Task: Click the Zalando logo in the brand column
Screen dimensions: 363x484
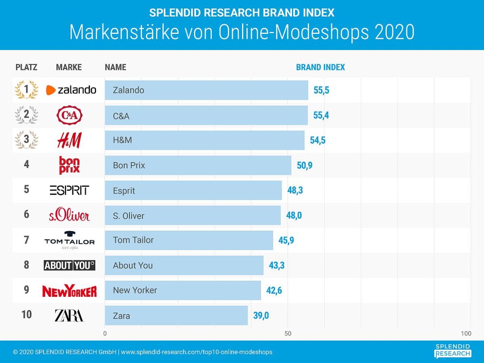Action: coord(71,90)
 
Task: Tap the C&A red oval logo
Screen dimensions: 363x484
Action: coord(69,115)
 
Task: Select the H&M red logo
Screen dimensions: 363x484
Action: coord(69,141)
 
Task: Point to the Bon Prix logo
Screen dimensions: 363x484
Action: coord(69,165)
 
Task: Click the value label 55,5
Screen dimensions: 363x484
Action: coord(321,90)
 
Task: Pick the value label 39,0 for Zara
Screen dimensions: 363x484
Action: coord(261,316)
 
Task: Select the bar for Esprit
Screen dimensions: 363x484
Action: coord(193,191)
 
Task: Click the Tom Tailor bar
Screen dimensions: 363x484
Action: coord(189,240)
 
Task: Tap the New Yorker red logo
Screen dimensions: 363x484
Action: coord(69,291)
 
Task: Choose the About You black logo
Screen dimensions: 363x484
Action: coord(69,265)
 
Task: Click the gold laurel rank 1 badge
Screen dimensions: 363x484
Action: coord(26,90)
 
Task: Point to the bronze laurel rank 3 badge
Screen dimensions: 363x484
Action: coord(26,140)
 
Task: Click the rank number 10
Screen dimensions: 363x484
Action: coord(26,315)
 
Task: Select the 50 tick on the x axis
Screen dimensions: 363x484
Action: coord(288,334)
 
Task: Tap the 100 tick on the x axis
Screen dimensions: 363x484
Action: coord(466,334)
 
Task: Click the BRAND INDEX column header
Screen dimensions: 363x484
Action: coord(320,67)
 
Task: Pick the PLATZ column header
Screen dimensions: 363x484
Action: coord(26,67)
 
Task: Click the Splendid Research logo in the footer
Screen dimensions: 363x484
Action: coord(453,351)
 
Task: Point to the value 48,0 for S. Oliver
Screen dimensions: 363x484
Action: coord(294,215)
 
